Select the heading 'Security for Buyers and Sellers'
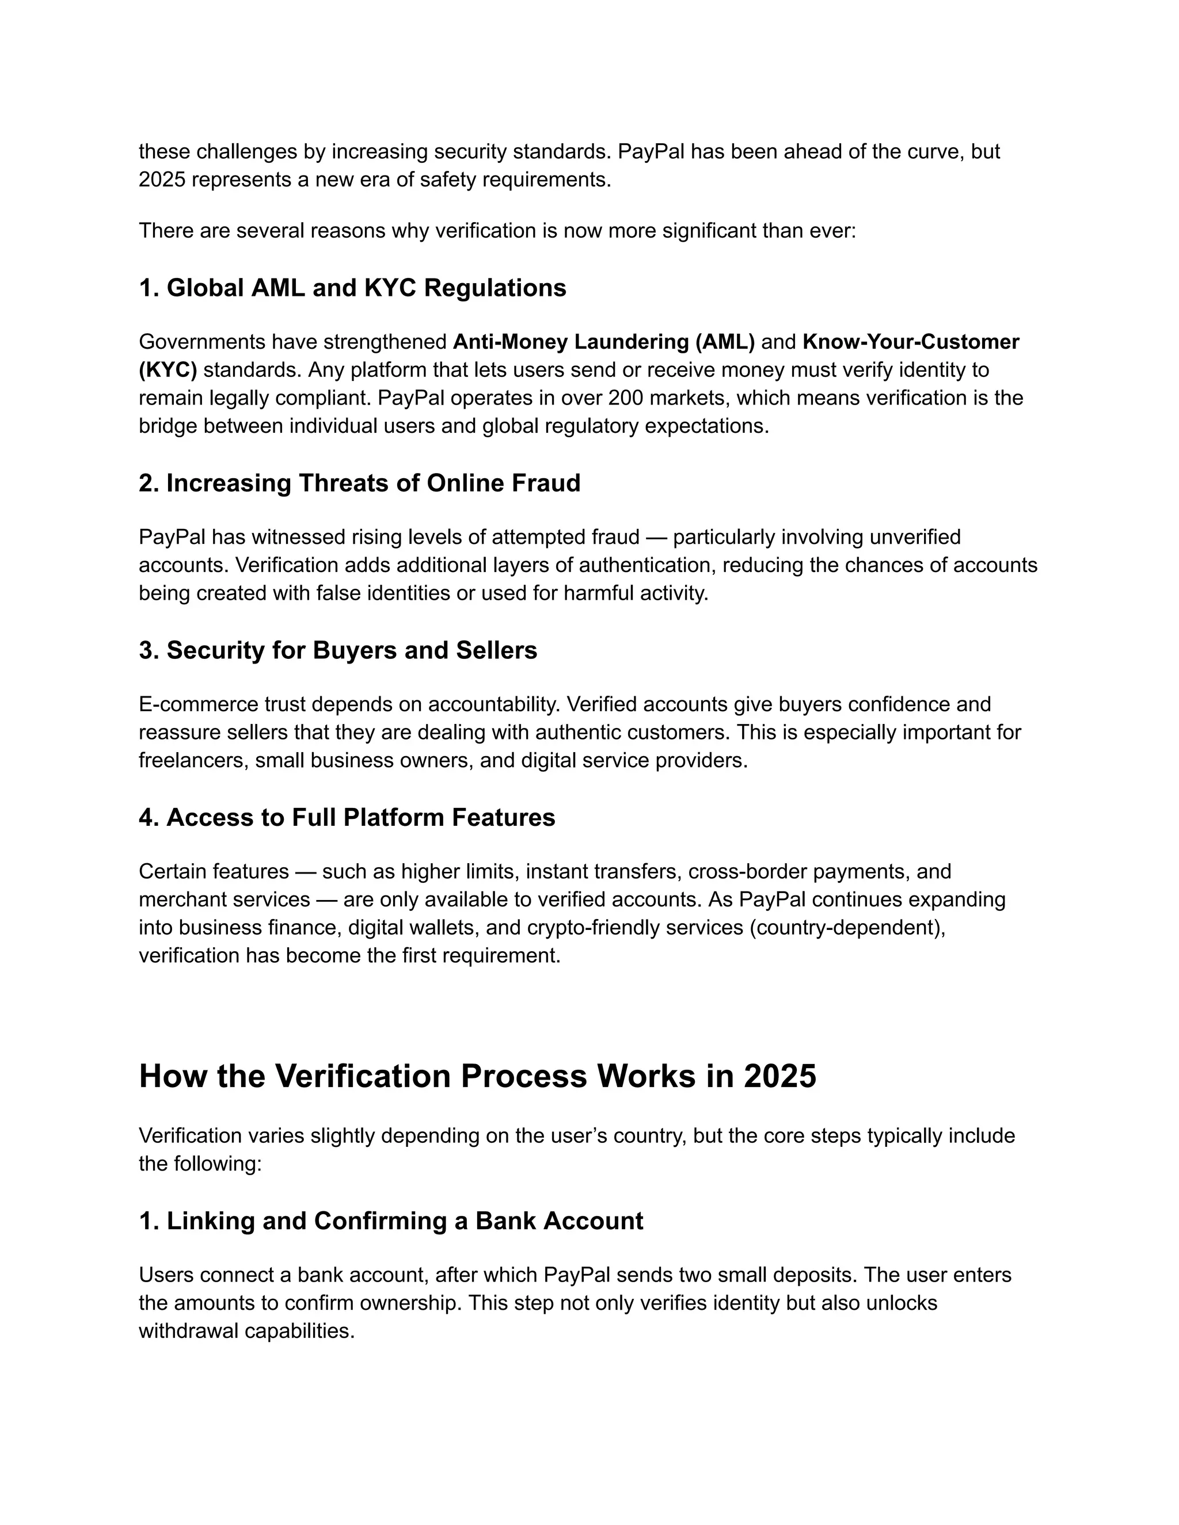[337, 650]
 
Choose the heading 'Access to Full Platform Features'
[347, 817]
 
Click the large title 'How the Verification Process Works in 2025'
[477, 1076]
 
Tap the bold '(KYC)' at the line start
[168, 369]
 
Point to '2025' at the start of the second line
[161, 180]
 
